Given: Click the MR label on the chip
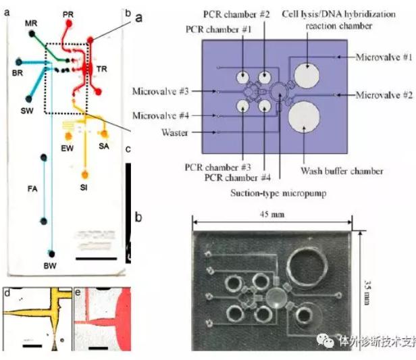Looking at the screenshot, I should pyautogui.click(x=31, y=23).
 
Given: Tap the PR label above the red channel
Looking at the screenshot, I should pyautogui.click(x=68, y=14).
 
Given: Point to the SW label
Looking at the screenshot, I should pyautogui.click(x=28, y=109).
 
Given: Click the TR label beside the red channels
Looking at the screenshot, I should pyautogui.click(x=101, y=70).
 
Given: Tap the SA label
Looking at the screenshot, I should pyautogui.click(x=103, y=146).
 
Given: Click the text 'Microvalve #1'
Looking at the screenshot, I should pyautogui.click(x=384, y=57).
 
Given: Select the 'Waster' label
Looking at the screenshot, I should pyautogui.click(x=174, y=132).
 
